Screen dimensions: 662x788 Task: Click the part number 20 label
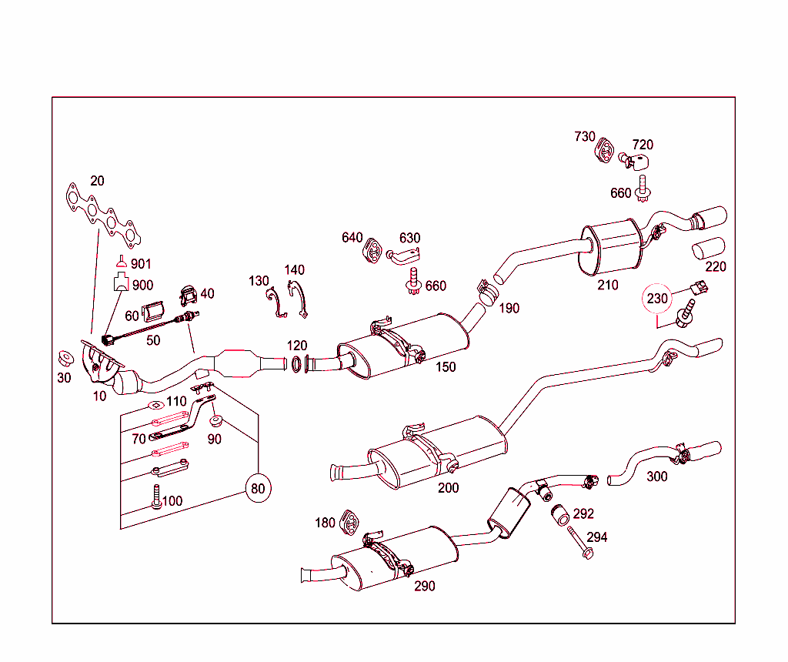click(x=97, y=181)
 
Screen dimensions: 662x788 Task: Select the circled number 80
click(x=259, y=488)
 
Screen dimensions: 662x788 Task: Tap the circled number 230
click(x=657, y=299)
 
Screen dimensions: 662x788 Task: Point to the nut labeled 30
click(x=65, y=359)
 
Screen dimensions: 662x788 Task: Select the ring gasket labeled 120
click(x=296, y=363)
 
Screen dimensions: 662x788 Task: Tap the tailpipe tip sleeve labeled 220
click(x=708, y=250)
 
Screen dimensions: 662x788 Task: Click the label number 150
click(x=446, y=367)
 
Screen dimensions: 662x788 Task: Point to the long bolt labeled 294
click(x=579, y=543)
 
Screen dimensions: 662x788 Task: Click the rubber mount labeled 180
click(x=350, y=523)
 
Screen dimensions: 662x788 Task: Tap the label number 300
click(x=656, y=476)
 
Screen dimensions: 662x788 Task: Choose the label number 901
click(x=141, y=264)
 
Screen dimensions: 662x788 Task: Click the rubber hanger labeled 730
click(x=605, y=150)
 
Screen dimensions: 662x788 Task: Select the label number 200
click(x=448, y=487)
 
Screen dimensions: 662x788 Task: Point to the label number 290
click(x=424, y=586)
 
